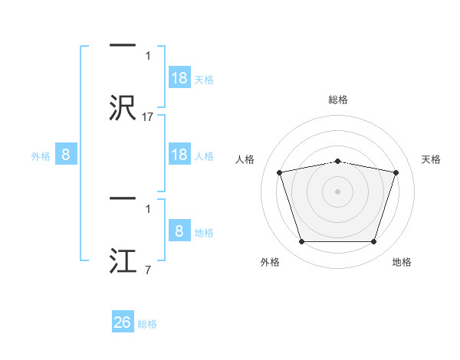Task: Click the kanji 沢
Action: coord(123,107)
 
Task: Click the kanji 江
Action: coord(123,260)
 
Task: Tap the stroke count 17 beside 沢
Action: coord(147,117)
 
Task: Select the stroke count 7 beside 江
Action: coord(148,270)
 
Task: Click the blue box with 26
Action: coord(123,321)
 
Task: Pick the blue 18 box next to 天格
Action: coord(179,77)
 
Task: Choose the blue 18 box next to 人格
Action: coord(179,154)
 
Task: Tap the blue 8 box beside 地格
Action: coord(179,230)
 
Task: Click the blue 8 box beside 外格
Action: coord(66,154)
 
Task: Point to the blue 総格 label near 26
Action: coord(147,324)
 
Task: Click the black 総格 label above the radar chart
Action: coord(338,100)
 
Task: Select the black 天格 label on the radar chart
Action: coord(431,159)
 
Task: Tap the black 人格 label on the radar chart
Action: coord(245,159)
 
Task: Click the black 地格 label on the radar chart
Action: coord(402,262)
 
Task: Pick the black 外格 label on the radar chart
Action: coord(270,262)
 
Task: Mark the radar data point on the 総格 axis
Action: coord(337,162)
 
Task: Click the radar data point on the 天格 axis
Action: coord(396,172)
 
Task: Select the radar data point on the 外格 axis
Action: coord(302,241)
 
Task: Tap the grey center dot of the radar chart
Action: coord(337,191)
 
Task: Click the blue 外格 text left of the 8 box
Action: coord(41,156)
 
